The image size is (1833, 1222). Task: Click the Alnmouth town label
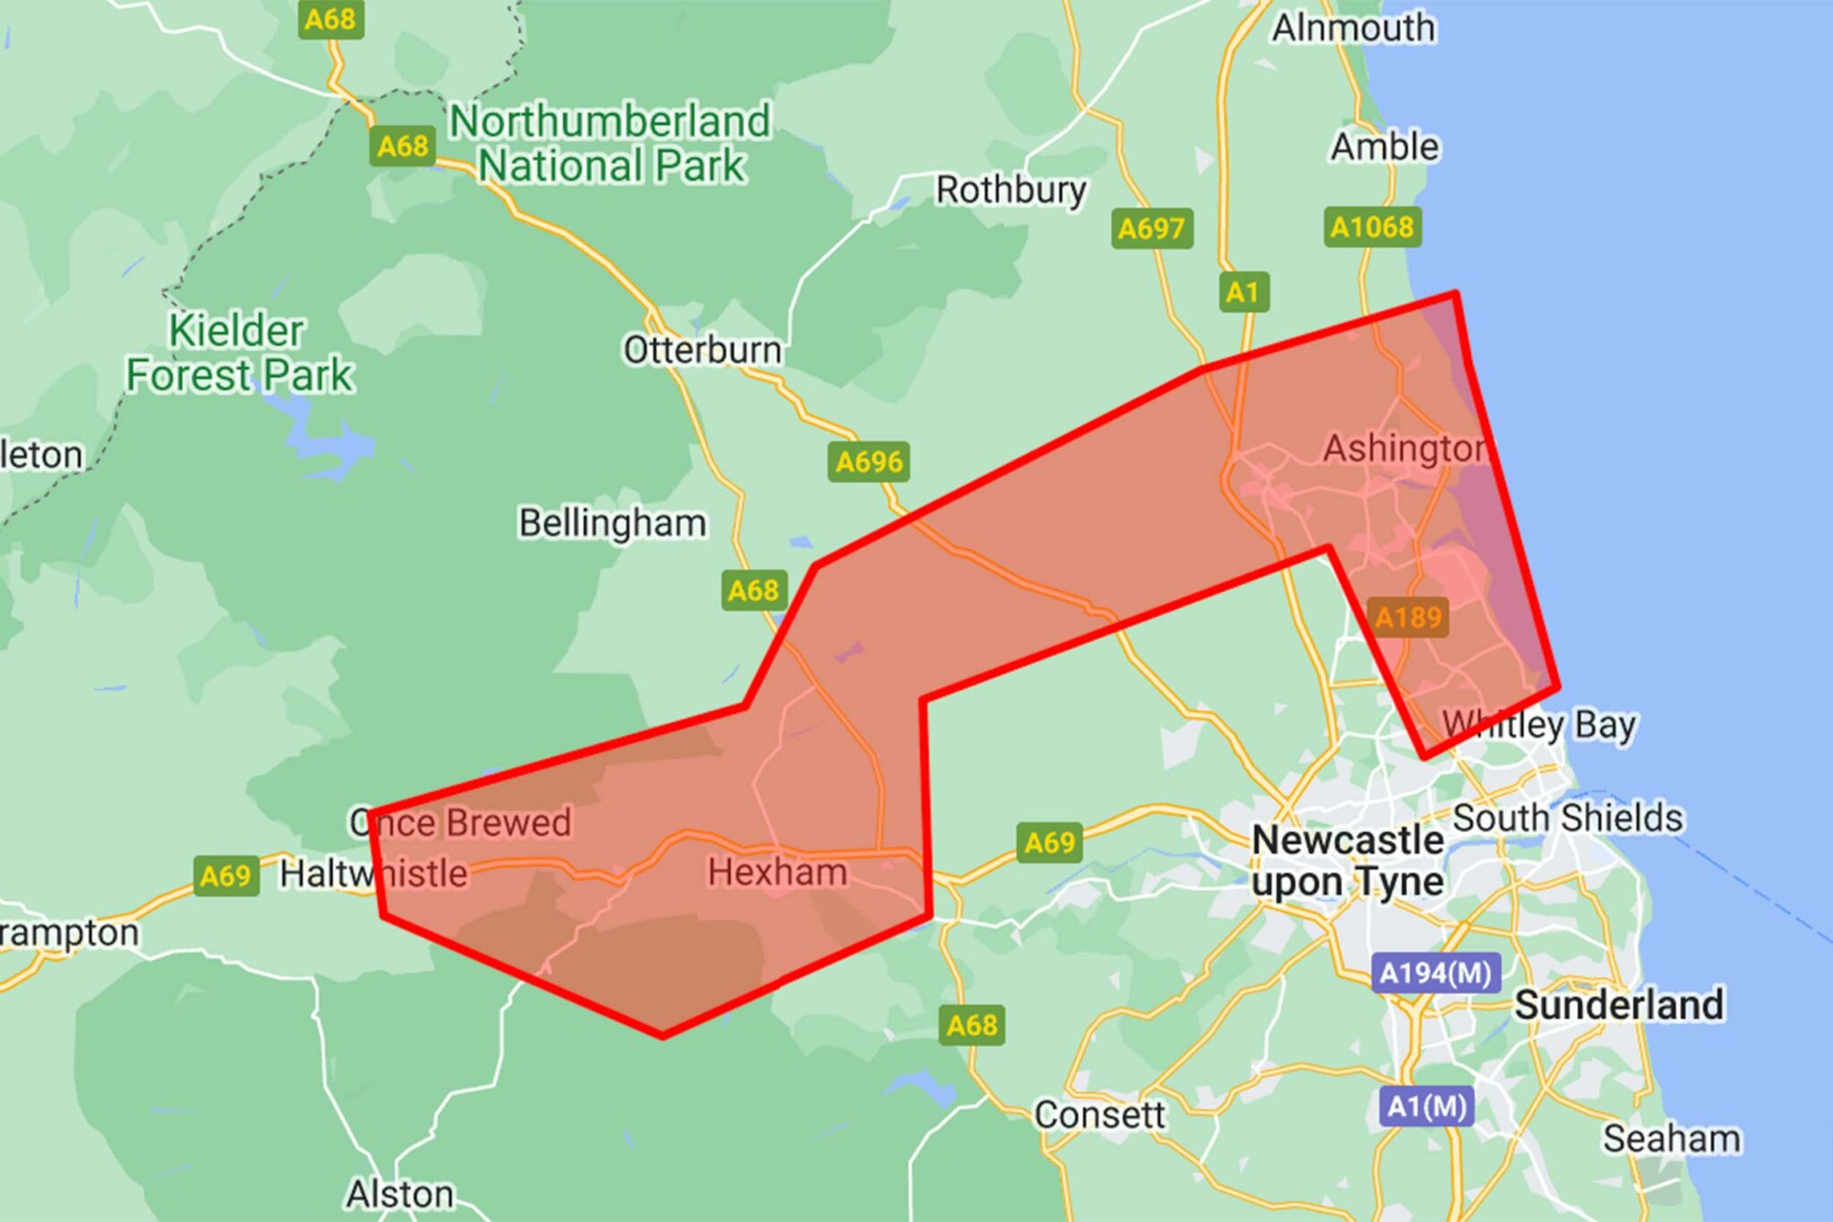click(1352, 28)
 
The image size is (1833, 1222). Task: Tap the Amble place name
click(1385, 147)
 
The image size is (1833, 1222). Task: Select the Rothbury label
click(1010, 190)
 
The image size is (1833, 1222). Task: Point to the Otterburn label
click(702, 350)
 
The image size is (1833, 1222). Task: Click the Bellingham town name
click(612, 523)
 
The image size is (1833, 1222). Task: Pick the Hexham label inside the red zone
click(777, 872)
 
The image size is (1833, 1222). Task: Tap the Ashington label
click(1404, 449)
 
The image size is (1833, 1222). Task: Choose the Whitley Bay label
click(1539, 723)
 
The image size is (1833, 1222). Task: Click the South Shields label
click(1567, 817)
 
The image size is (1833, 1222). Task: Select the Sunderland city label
click(1618, 1004)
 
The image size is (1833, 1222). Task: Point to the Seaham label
click(1671, 1139)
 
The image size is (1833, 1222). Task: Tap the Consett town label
click(1099, 1115)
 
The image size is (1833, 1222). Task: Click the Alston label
click(399, 1194)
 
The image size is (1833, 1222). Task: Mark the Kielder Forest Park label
click(239, 353)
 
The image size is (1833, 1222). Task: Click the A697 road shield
click(1151, 228)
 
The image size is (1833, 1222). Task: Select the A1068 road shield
click(1371, 227)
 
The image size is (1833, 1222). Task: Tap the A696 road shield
click(868, 462)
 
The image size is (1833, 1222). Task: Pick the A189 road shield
click(1408, 617)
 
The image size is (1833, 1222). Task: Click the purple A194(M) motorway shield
click(1435, 973)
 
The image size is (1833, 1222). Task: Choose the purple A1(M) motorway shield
click(1427, 1107)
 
